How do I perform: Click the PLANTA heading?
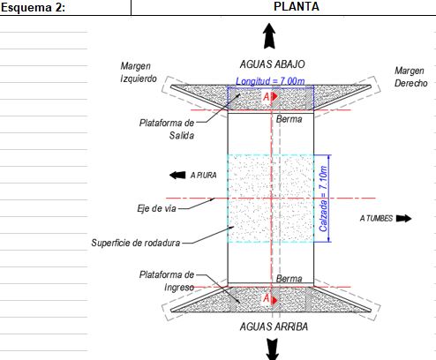297,6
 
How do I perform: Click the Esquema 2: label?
33,8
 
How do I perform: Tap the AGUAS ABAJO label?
272,64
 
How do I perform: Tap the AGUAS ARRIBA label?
274,326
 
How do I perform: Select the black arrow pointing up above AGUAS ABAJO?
269,36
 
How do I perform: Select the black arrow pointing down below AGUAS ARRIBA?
273,349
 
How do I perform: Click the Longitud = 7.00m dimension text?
270,81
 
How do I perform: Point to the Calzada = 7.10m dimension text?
323,199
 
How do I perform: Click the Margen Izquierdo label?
139,72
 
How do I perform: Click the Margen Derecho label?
410,77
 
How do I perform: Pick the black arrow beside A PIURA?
177,175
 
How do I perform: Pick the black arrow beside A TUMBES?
403,218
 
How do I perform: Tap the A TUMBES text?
376,218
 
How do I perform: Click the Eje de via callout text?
156,208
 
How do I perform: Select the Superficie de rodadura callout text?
136,243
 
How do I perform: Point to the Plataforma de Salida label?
167,129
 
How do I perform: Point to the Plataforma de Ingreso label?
167,281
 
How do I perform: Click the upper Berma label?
289,119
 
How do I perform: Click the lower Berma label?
289,279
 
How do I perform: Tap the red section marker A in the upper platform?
270,96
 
